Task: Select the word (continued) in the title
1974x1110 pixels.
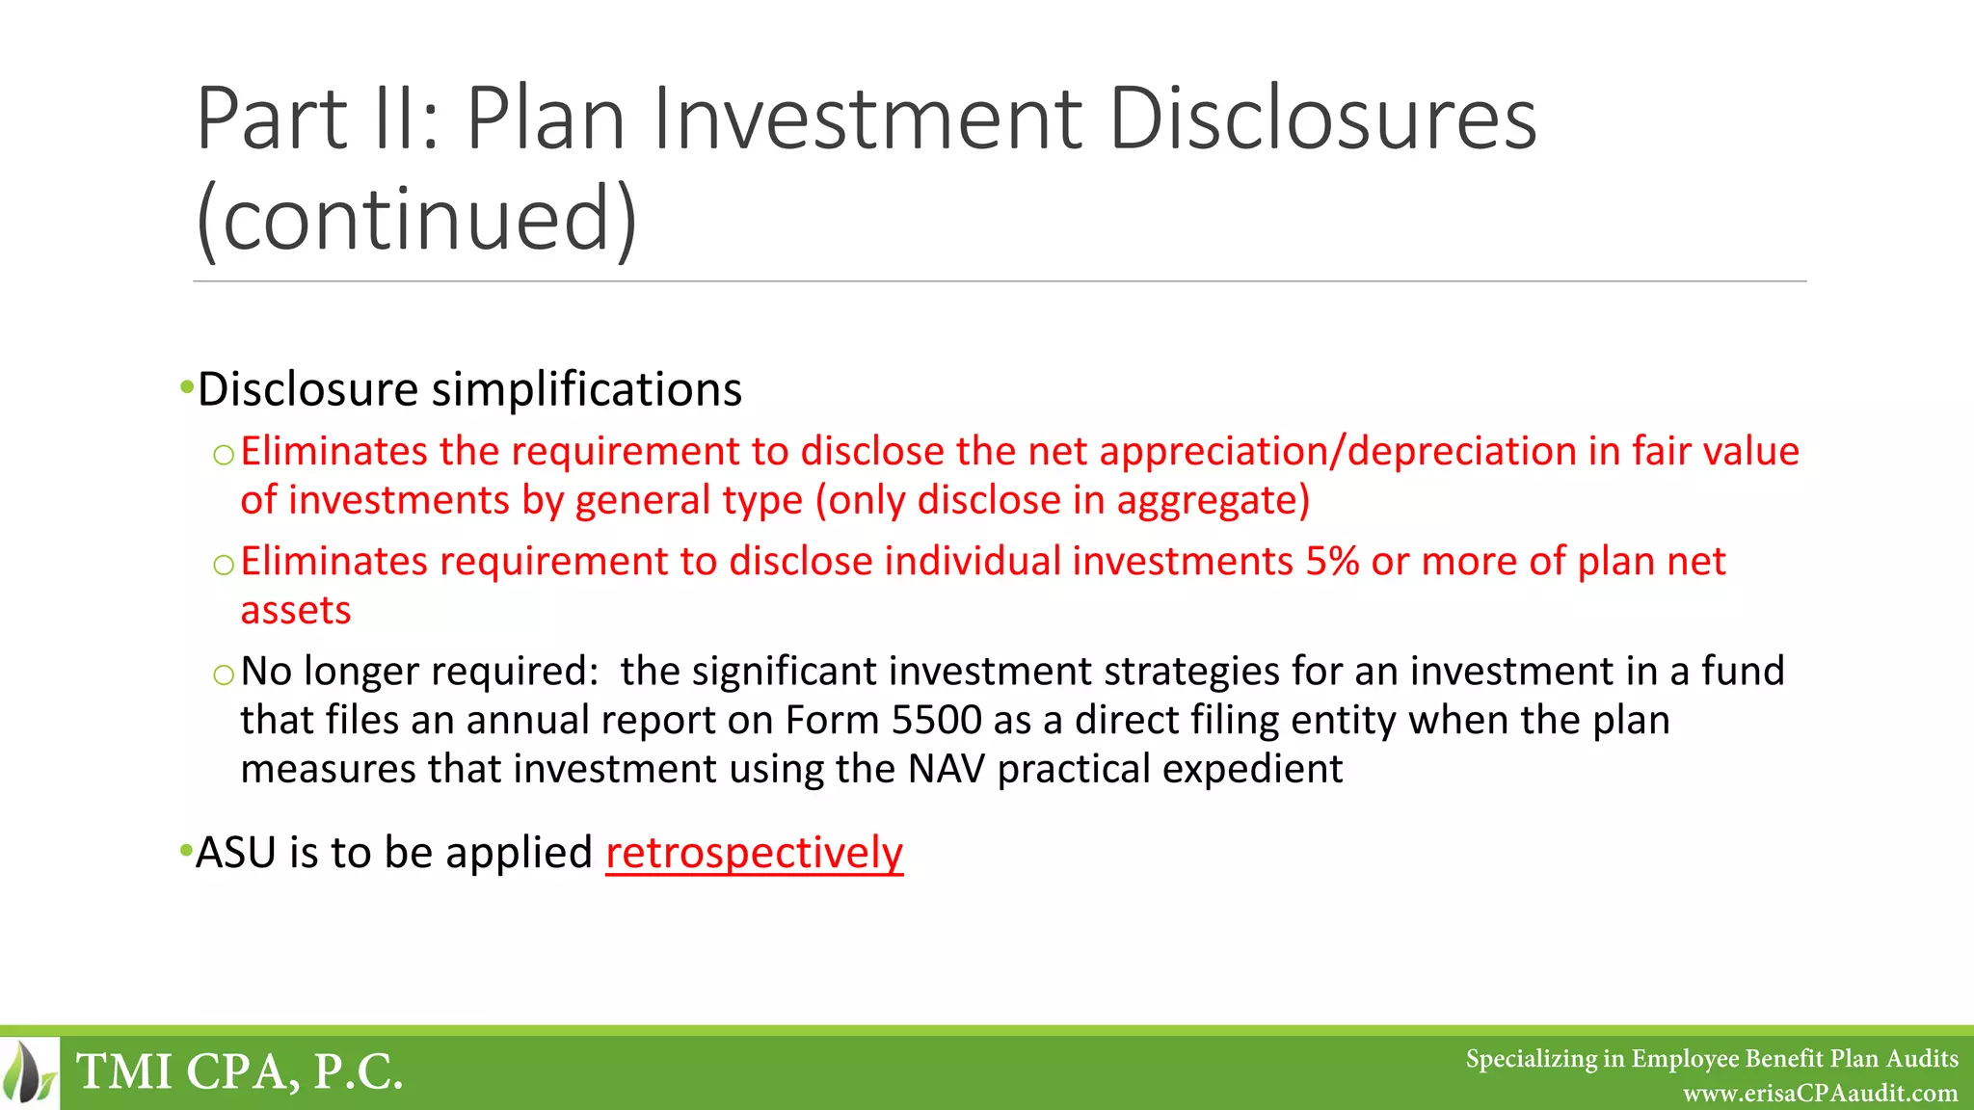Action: [x=416, y=220]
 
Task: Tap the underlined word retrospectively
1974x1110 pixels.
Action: [x=754, y=853]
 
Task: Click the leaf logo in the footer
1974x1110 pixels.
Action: [x=29, y=1072]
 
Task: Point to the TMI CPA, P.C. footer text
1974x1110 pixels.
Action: [x=239, y=1072]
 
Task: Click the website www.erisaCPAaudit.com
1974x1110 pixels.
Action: [x=1820, y=1094]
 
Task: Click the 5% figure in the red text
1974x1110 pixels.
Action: [x=1332, y=561]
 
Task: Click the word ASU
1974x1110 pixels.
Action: [x=235, y=853]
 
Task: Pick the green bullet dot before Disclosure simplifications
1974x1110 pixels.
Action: [x=186, y=387]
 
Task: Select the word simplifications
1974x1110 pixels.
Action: [x=586, y=390]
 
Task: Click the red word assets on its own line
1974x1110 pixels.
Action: [x=296, y=611]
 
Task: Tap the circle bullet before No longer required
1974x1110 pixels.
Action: [x=224, y=674]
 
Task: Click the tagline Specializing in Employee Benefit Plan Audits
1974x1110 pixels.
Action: [x=1712, y=1059]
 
